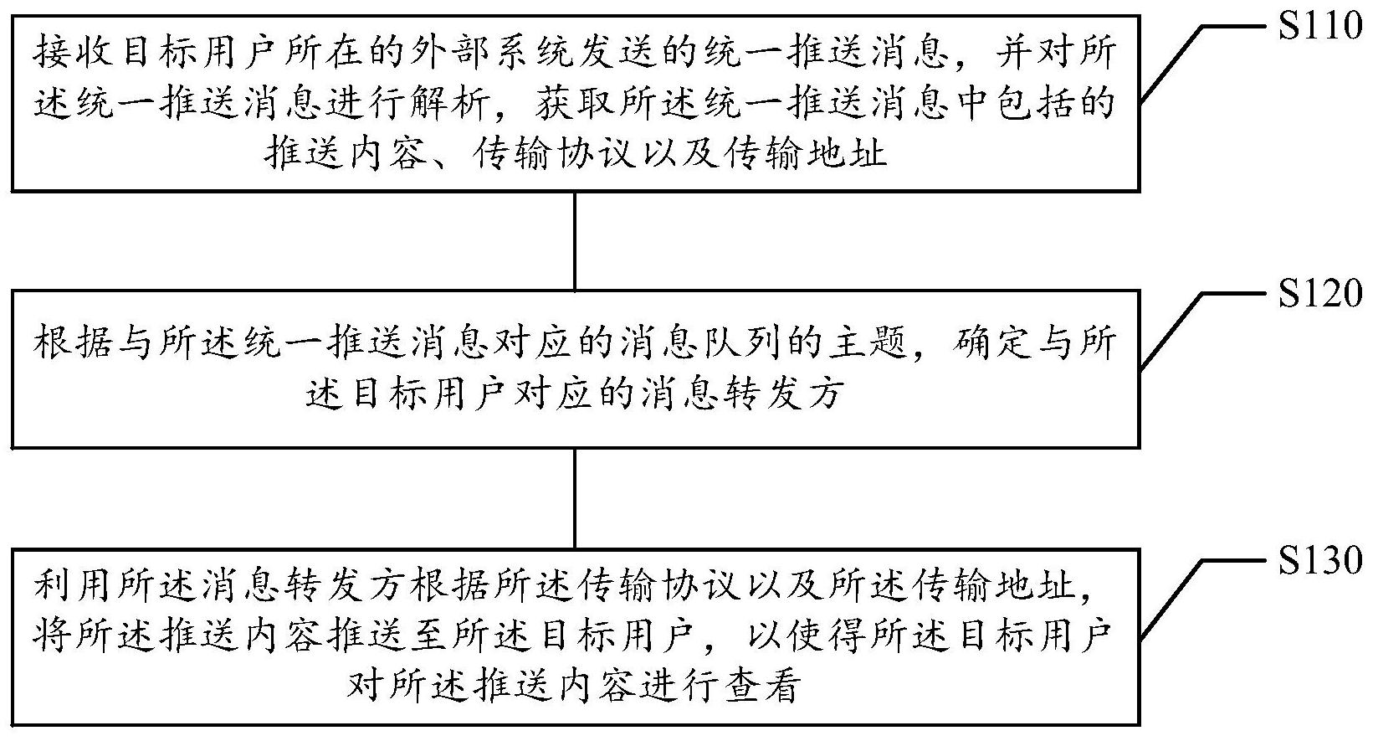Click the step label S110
tap(1321, 27)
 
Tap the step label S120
tap(1321, 293)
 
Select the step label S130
tap(1321, 559)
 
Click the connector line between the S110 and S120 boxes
tap(575, 241)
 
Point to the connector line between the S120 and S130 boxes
tap(575, 499)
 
